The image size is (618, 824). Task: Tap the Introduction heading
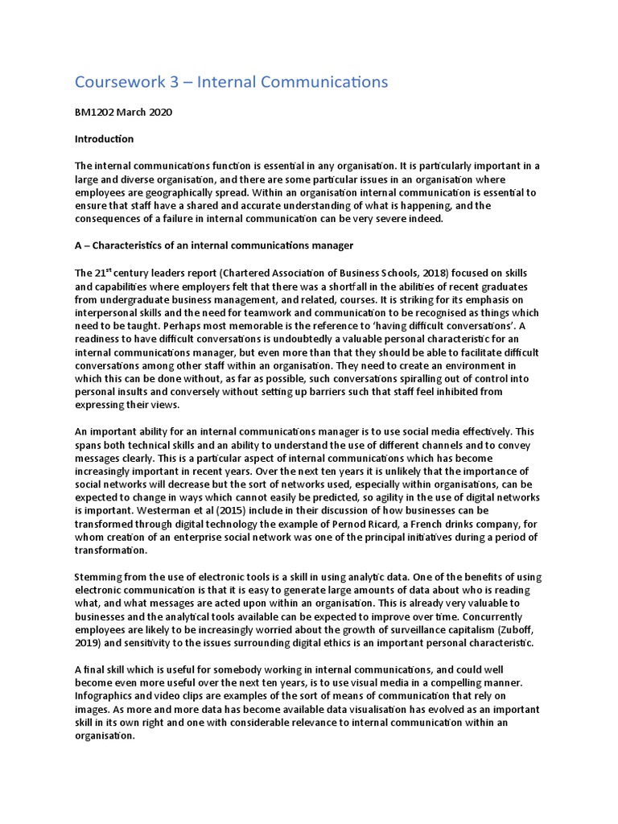[x=105, y=139]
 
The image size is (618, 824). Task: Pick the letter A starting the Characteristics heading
[x=79, y=245]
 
